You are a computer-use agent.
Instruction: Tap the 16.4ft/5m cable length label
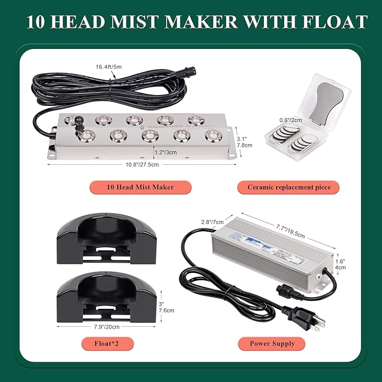(109, 67)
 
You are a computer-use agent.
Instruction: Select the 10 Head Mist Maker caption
(140, 187)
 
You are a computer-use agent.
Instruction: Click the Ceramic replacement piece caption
(289, 187)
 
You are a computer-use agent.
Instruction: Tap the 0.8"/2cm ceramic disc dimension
(291, 120)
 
